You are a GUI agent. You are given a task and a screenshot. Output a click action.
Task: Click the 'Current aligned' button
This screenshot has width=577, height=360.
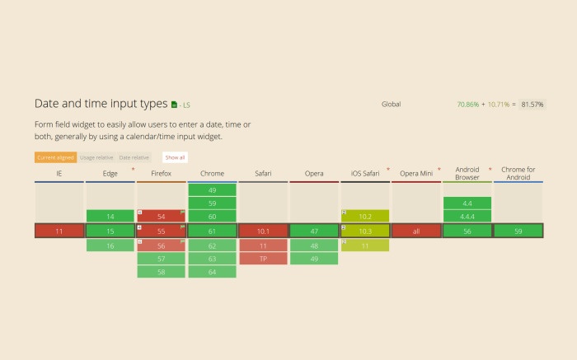(55, 157)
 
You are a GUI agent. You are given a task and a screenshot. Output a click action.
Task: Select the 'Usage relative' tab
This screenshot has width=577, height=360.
(96, 157)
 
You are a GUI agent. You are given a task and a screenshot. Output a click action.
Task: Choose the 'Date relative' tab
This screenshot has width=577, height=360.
(134, 157)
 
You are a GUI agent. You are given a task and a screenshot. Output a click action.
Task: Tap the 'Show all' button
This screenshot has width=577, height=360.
(175, 157)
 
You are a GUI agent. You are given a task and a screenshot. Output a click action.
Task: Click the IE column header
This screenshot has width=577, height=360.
(59, 174)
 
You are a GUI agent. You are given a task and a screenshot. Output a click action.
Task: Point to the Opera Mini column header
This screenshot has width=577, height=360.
(415, 174)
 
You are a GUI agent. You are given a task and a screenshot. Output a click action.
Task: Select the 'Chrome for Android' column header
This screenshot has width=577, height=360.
(518, 173)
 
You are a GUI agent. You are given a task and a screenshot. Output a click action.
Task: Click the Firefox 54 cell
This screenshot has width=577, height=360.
(161, 216)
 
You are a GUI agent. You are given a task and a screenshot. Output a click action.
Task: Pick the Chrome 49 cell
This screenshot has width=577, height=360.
(212, 189)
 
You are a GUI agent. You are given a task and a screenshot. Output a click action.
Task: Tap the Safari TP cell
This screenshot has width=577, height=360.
(263, 259)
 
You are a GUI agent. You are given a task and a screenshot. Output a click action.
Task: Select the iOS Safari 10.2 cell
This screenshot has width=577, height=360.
(365, 216)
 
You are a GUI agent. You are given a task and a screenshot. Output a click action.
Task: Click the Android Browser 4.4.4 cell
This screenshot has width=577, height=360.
(467, 216)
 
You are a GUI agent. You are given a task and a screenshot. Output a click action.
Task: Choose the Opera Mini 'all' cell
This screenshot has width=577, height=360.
(415, 231)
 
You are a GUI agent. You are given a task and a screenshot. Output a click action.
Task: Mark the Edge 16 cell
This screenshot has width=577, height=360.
(110, 245)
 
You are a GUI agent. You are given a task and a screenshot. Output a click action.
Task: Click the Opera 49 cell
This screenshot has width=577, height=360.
(314, 259)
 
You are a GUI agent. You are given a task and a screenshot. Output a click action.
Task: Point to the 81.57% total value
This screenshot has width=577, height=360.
(532, 105)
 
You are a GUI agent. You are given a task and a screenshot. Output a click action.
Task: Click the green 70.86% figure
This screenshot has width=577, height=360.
(467, 105)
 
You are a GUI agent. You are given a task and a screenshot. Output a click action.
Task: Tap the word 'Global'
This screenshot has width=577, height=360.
(391, 105)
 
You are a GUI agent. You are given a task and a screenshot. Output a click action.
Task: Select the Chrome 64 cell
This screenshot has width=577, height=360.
(212, 272)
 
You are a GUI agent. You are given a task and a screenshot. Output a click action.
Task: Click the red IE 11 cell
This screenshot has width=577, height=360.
(59, 231)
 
